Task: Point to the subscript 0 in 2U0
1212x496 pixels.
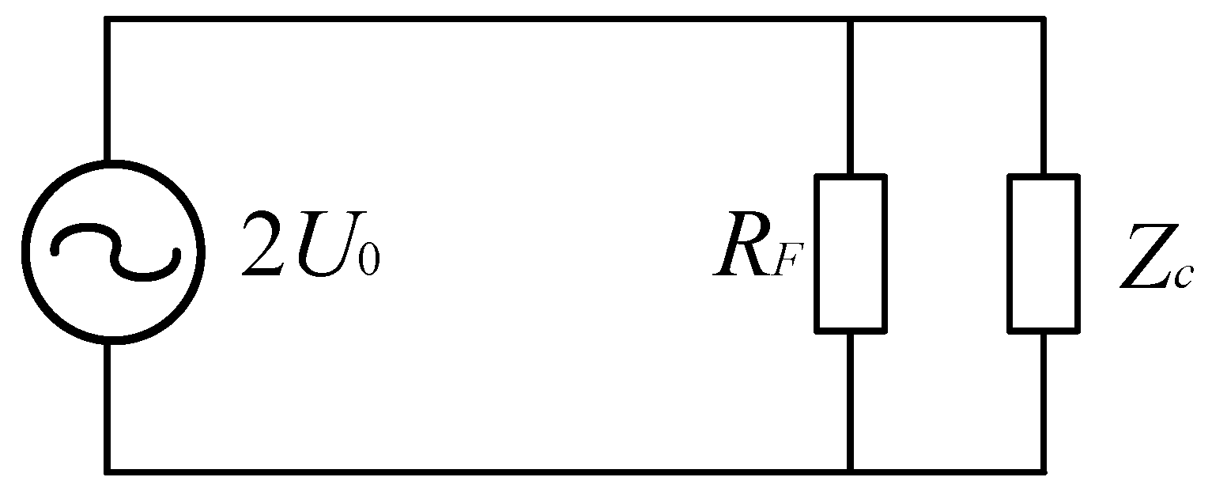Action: [368, 261]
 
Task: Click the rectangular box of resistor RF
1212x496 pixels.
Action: [851, 252]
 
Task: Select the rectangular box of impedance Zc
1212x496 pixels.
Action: [1043, 252]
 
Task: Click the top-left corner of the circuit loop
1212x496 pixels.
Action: [107, 19]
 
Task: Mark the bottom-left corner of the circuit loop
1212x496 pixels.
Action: [107, 471]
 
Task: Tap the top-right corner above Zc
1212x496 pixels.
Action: [1044, 19]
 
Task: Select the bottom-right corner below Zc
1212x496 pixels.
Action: [1044, 471]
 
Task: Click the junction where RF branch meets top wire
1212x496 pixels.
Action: [851, 19]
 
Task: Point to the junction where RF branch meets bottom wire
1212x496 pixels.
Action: [851, 471]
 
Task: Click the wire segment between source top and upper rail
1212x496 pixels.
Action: [107, 87]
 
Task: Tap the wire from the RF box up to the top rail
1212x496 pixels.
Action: [851, 95]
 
